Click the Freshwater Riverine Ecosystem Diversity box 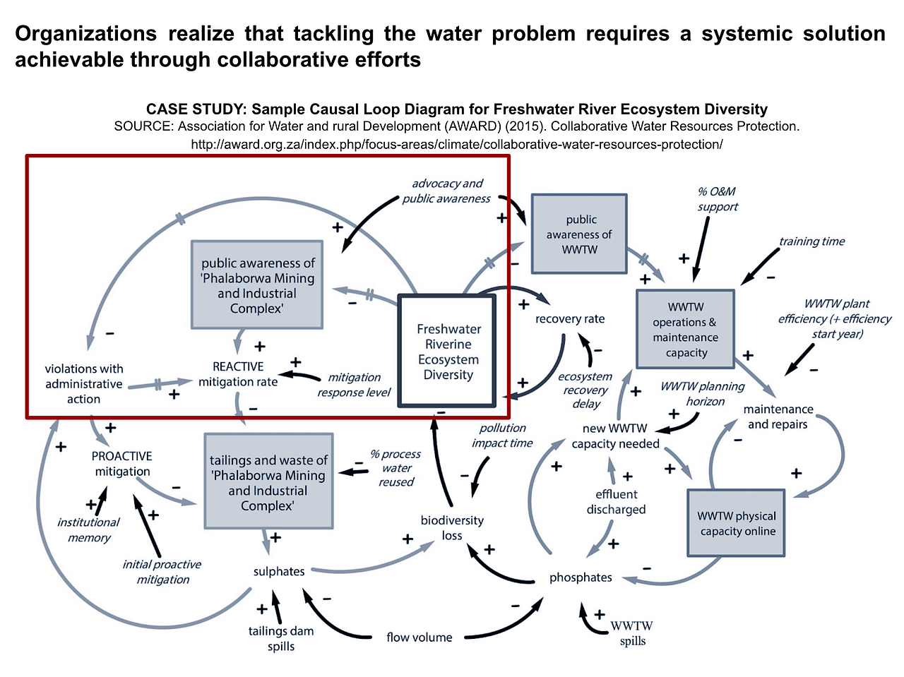[x=448, y=352]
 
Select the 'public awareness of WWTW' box [x=579, y=234]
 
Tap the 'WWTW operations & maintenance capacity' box [x=685, y=330]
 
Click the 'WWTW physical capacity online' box [x=737, y=523]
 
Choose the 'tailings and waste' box [x=268, y=482]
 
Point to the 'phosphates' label [x=581, y=577]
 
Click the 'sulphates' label [x=279, y=571]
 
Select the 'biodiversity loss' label [x=452, y=527]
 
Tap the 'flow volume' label [x=420, y=637]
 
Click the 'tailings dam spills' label [x=281, y=638]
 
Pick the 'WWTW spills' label [x=632, y=633]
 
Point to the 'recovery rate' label [x=570, y=318]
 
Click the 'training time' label [x=811, y=241]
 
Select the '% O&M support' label [x=718, y=199]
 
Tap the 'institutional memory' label [x=89, y=529]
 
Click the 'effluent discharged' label [x=616, y=501]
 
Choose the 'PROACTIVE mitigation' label [x=122, y=464]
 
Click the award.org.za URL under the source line [x=457, y=145]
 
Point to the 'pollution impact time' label [x=502, y=435]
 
